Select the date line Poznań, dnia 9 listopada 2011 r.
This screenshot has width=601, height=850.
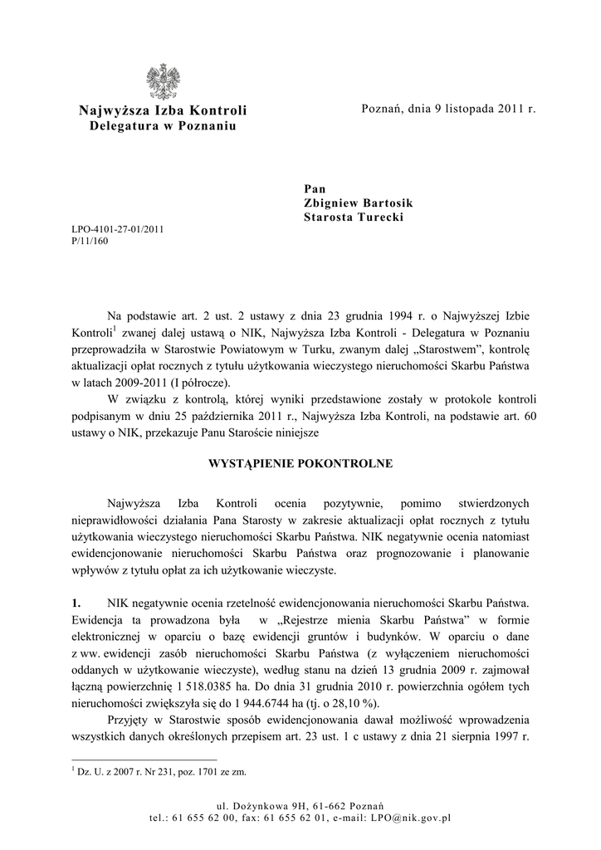pyautogui.click(x=449, y=110)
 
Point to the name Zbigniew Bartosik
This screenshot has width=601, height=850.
pyautogui.click(x=359, y=203)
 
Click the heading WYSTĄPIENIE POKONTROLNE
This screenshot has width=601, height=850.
pyautogui.click(x=300, y=462)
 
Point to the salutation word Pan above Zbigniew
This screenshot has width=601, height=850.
pyautogui.click(x=315, y=189)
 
